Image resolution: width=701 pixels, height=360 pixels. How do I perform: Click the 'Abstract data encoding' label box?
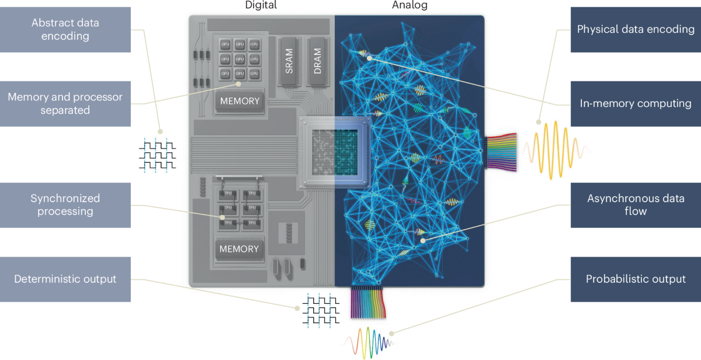pos(65,29)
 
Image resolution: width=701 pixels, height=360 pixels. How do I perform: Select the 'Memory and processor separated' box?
pos(65,103)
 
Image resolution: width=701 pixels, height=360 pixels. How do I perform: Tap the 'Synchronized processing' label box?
pos(65,205)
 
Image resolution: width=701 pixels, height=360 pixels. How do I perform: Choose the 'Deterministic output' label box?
pos(65,279)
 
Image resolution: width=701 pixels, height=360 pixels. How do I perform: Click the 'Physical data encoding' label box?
pos(636,29)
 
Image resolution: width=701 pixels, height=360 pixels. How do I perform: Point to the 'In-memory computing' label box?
pos(636,103)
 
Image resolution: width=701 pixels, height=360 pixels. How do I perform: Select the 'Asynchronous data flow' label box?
pos(636,205)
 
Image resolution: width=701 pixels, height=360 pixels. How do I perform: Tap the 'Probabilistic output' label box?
pos(636,279)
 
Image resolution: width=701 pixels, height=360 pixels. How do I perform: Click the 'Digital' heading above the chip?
pos(261,6)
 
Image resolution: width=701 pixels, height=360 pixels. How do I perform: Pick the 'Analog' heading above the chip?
pos(409,6)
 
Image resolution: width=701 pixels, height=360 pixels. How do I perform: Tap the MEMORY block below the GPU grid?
pos(240,101)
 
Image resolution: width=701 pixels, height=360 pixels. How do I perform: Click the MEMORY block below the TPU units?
pos(239,249)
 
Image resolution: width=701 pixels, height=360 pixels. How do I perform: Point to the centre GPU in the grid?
pos(240,59)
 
